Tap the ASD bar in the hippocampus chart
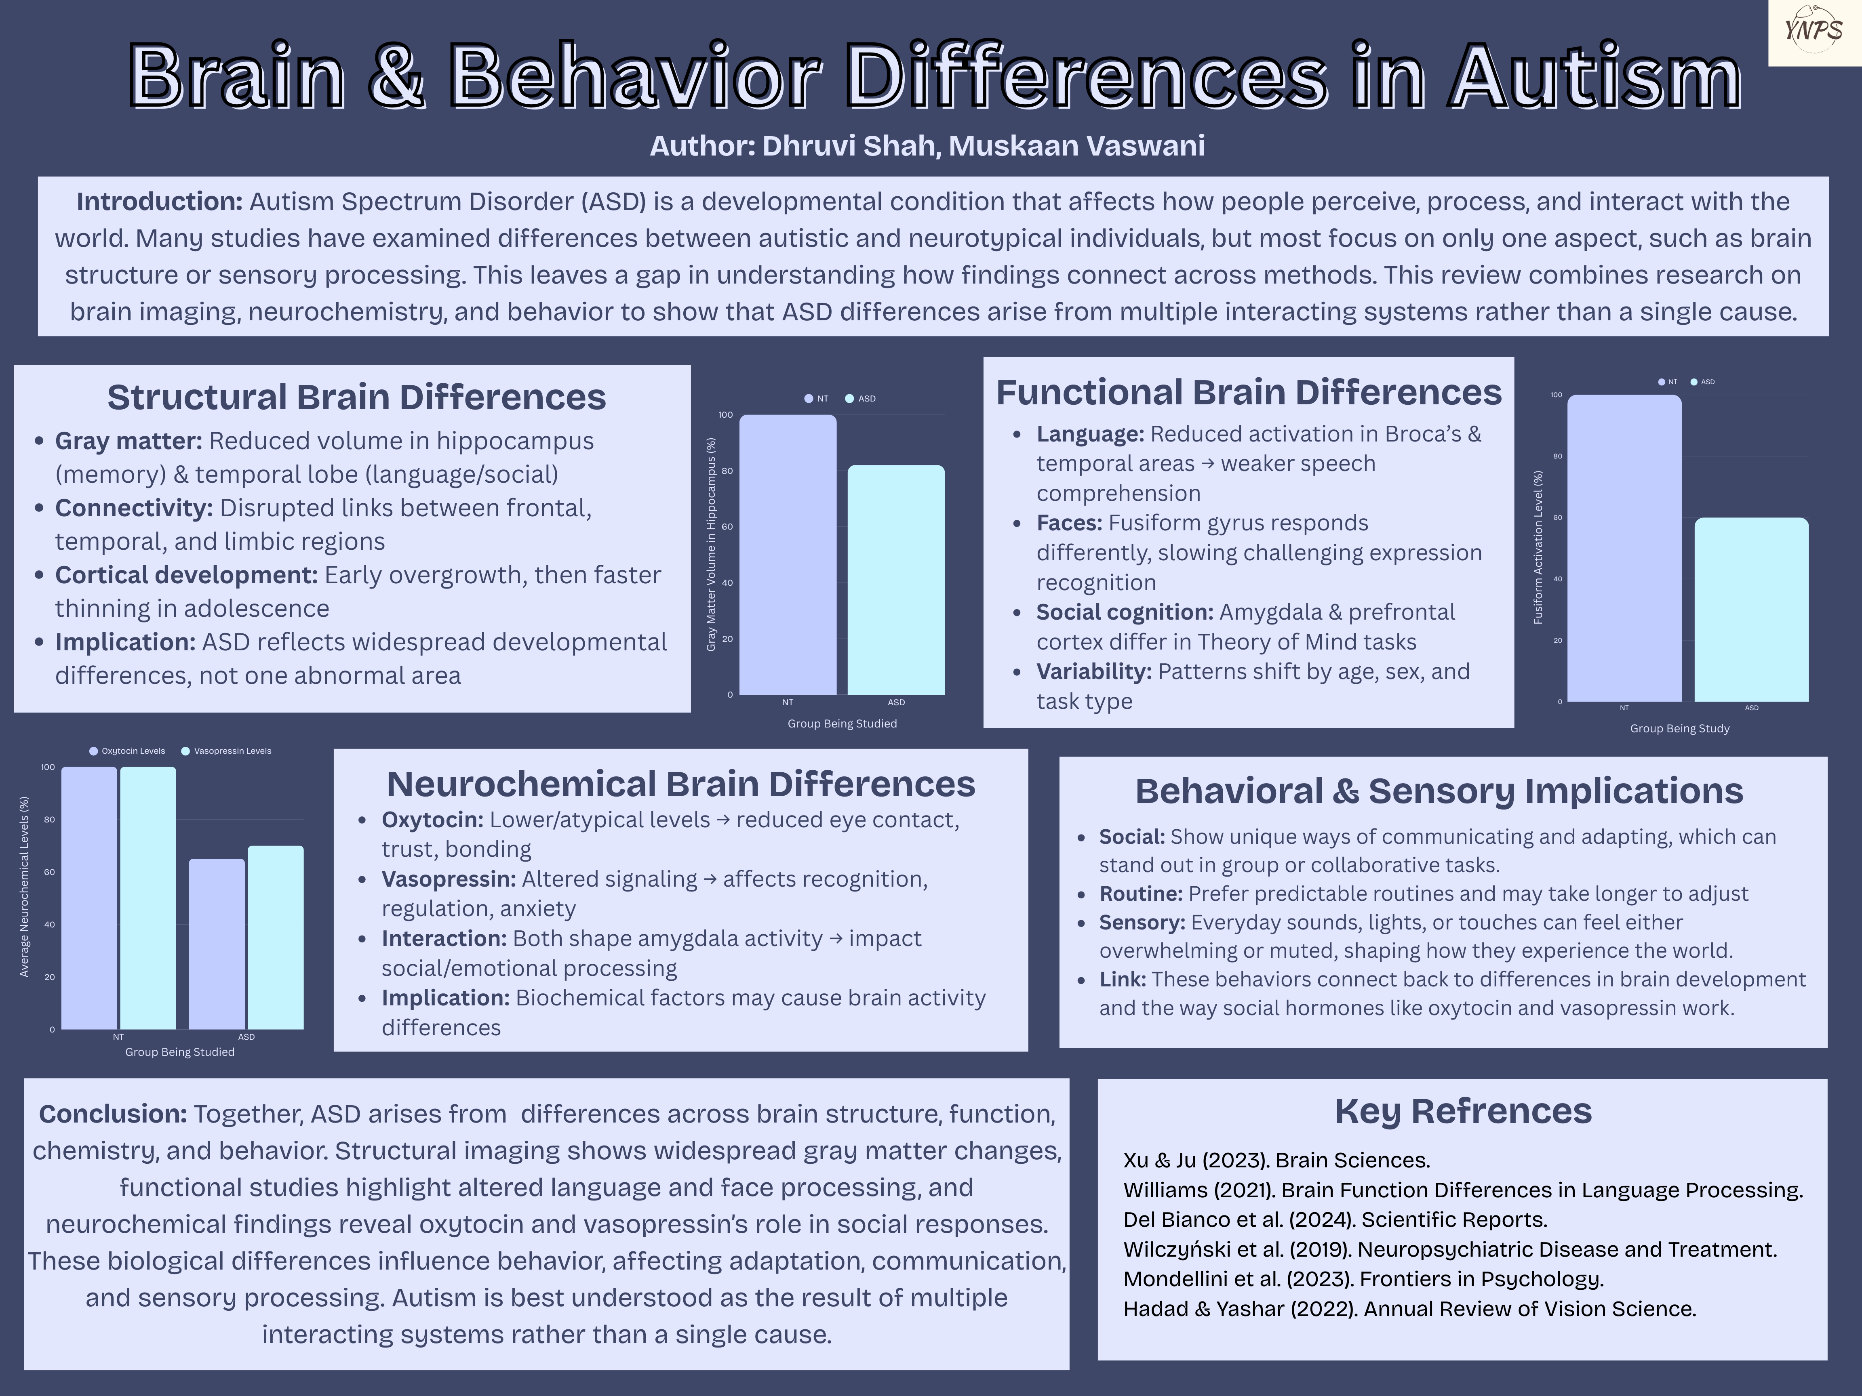click(896, 580)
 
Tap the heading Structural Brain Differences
click(356, 397)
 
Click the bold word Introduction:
click(159, 202)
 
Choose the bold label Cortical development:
click(186, 575)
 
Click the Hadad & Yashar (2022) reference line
click(1409, 1308)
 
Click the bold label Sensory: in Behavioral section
click(1142, 922)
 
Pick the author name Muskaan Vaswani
click(1076, 145)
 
